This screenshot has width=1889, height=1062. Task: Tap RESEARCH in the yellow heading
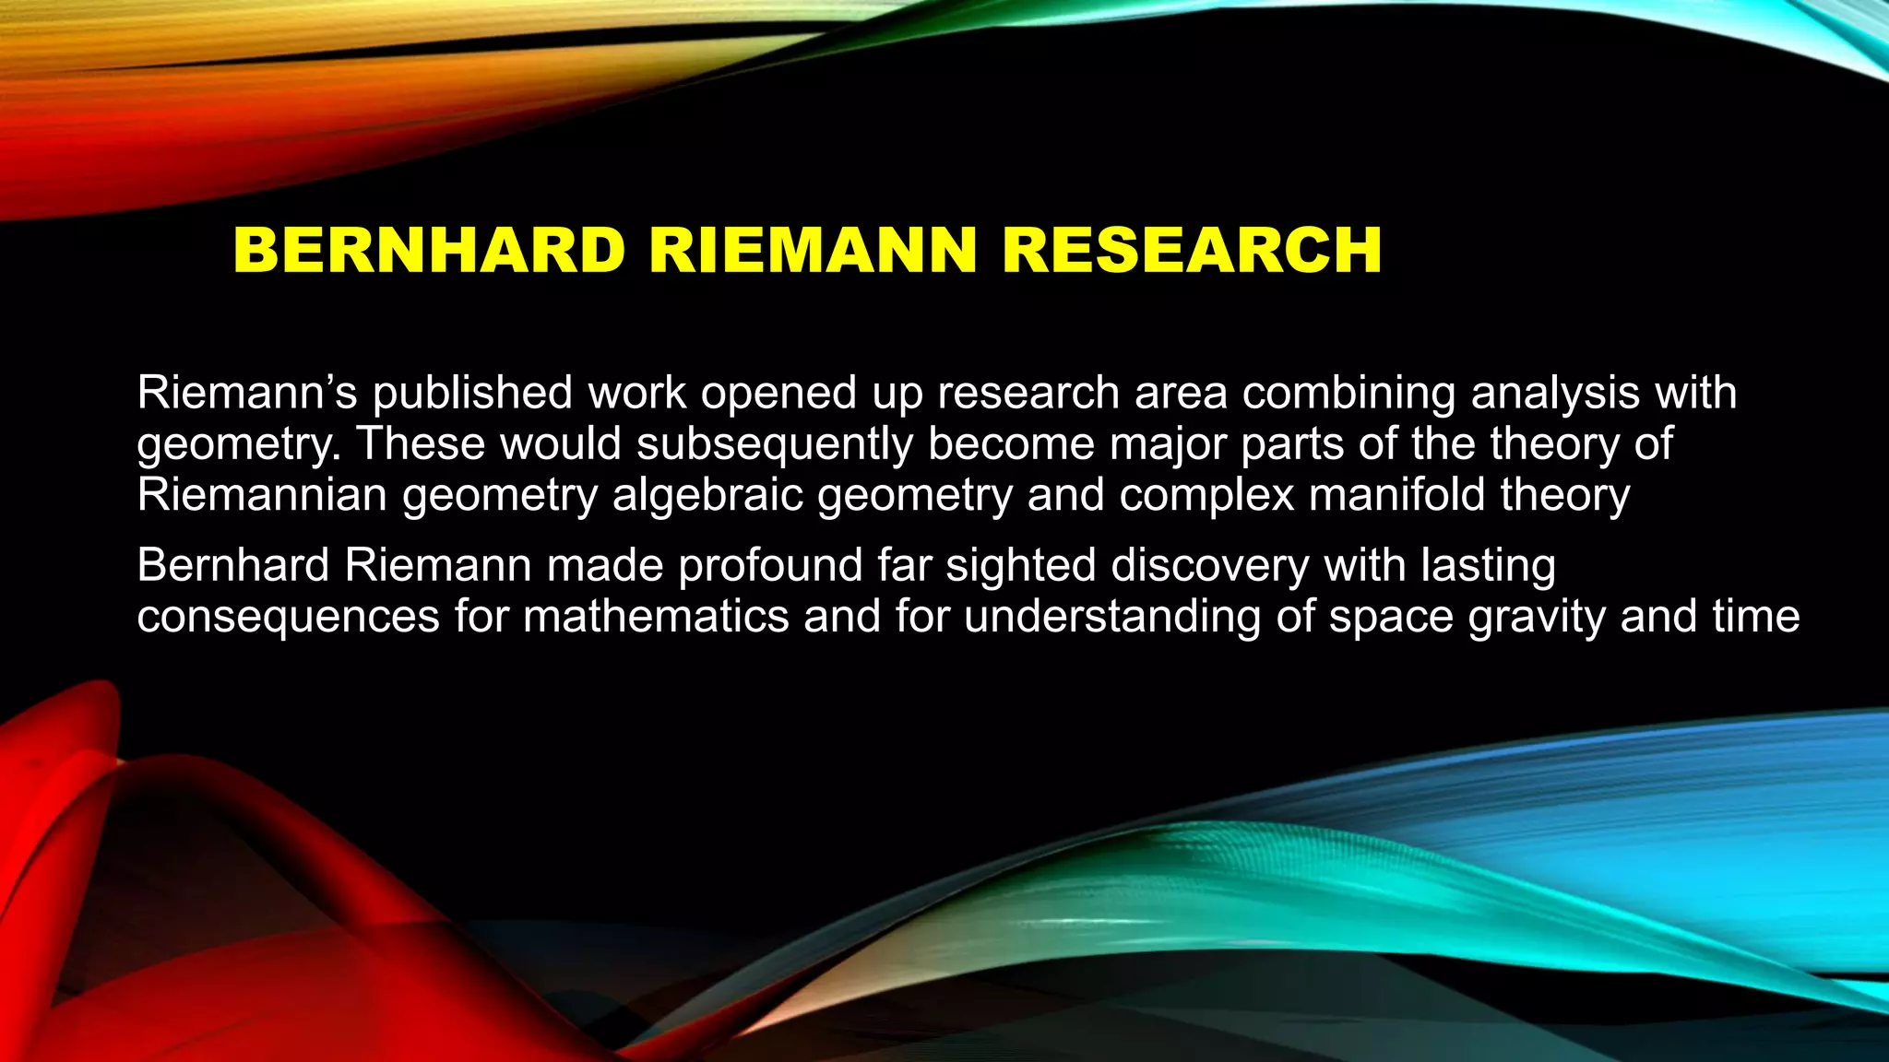(x=1192, y=251)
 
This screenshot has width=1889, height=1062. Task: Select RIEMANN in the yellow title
(x=813, y=251)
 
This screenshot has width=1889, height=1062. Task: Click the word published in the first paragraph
(x=472, y=394)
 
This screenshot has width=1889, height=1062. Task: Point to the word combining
(x=1348, y=394)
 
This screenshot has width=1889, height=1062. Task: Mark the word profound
(x=770, y=565)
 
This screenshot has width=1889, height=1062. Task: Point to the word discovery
(x=1209, y=565)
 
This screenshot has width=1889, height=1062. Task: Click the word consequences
(x=288, y=617)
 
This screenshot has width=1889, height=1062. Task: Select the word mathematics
(x=656, y=616)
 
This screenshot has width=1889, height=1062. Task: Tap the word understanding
(x=1112, y=617)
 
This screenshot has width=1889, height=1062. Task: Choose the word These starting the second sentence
(x=421, y=444)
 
